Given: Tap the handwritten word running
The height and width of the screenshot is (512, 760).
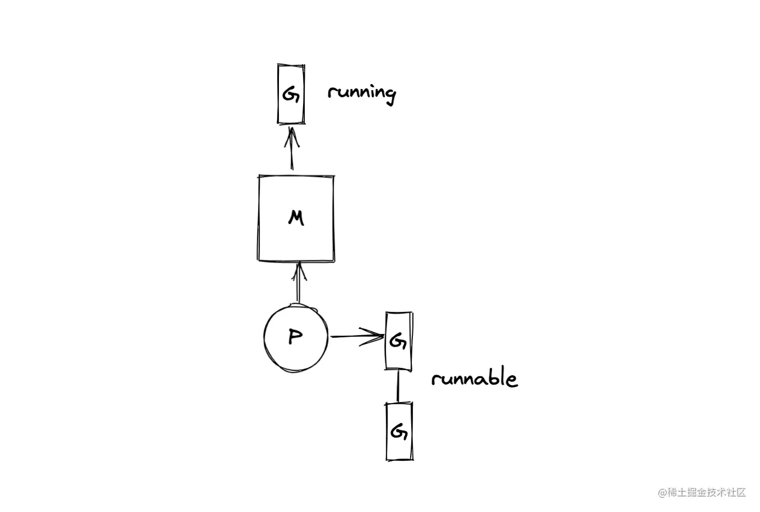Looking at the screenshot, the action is pos(362,94).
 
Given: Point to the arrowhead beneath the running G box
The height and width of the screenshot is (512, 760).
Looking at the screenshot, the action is pos(292,137).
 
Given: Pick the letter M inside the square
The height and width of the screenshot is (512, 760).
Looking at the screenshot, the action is pos(296,218).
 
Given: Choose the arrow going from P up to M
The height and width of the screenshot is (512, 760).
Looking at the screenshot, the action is pos(299,282).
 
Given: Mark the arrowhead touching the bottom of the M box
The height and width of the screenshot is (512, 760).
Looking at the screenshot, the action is pos(299,271).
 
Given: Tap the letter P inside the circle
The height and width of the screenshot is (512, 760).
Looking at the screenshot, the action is pos(295,337).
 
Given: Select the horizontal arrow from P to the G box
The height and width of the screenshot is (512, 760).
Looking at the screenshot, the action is pos(357,337).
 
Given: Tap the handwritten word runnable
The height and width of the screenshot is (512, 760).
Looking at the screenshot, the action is pos(474,377).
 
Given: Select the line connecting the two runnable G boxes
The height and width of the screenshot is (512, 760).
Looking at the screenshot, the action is pos(398,386).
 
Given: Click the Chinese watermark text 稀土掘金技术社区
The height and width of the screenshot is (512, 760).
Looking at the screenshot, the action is pos(707,493).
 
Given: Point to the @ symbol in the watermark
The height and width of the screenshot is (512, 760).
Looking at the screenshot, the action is pos(663,493).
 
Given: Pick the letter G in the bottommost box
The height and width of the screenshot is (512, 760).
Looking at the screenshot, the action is pos(399,432).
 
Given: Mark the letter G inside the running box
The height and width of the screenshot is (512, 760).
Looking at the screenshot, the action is pos(291,94).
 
